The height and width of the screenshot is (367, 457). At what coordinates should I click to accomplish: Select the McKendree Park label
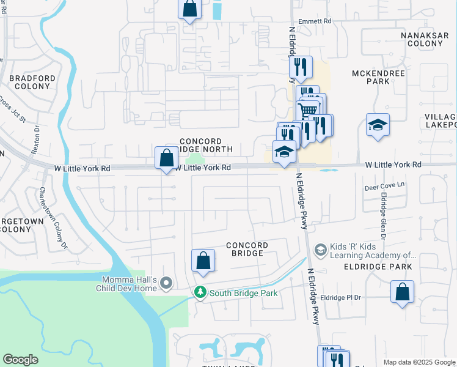(370, 77)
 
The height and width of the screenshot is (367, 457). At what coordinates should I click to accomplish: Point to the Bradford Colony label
(32, 82)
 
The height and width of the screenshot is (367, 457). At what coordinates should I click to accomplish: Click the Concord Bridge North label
(207, 145)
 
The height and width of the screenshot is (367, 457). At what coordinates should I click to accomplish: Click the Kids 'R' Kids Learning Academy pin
(320, 250)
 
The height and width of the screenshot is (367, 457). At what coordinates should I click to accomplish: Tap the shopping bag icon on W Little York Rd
(166, 158)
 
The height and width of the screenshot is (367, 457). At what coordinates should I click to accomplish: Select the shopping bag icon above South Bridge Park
(203, 260)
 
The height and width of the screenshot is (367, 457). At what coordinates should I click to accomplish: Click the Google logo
(20, 360)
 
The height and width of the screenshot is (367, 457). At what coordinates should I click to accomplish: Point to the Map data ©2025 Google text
(419, 362)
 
